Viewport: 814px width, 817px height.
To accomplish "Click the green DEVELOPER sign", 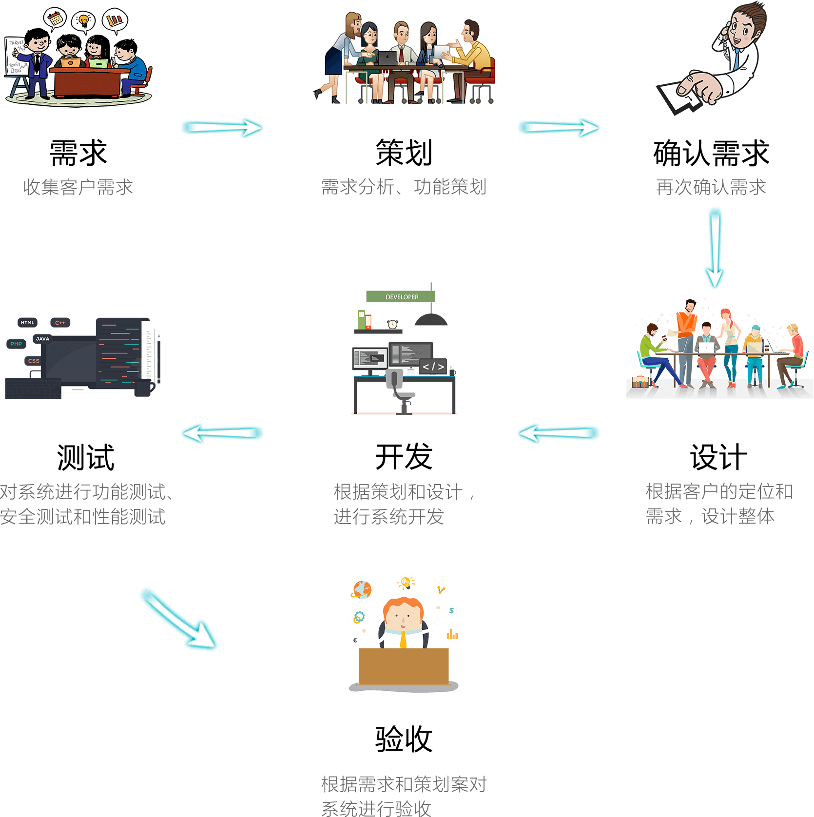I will [401, 296].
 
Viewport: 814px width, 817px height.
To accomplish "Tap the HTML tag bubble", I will [28, 322].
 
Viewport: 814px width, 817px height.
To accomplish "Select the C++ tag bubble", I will [60, 322].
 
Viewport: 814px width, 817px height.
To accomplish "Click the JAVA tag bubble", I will [42, 338].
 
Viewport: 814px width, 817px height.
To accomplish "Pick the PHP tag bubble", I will [16, 344].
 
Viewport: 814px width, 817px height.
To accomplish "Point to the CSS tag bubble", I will [34, 361].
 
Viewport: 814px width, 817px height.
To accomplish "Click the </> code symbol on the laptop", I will [433, 366].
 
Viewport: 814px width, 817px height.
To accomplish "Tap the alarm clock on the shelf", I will [392, 324].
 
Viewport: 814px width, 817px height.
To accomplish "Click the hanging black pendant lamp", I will [431, 320].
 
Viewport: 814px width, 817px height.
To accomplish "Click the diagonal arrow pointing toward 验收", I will [179, 620].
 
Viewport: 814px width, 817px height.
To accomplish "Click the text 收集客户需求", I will [78, 187].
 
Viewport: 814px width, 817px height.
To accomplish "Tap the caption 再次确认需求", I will [711, 187].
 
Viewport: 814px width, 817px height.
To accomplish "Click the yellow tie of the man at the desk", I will [403, 639].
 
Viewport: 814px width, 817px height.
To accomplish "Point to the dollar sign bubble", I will [452, 610].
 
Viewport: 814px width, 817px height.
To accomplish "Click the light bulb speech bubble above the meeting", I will [84, 21].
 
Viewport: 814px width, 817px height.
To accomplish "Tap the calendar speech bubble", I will [55, 19].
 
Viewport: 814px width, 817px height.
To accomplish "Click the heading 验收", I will [404, 739].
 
